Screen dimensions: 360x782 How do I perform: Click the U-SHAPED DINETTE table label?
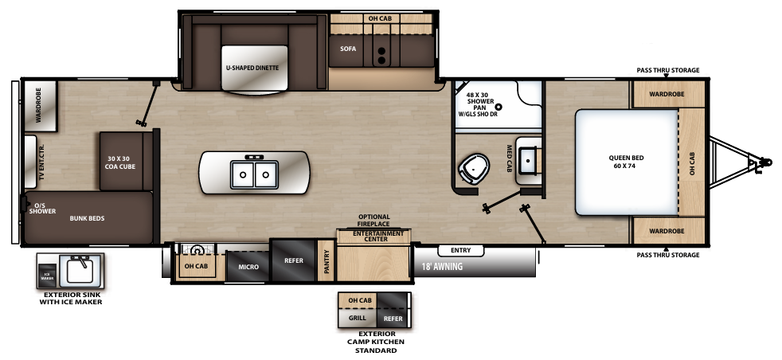click(x=252, y=68)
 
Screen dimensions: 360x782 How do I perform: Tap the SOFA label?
click(x=347, y=49)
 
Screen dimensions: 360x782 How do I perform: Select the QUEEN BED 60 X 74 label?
click(x=626, y=162)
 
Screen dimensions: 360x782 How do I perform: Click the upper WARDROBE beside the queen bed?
click(x=667, y=94)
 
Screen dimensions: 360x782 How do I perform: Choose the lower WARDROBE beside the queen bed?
click(x=667, y=231)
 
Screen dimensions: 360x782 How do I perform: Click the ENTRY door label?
click(x=460, y=250)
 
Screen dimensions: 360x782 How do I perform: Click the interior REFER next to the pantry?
click(x=292, y=260)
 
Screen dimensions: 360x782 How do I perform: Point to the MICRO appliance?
click(x=248, y=267)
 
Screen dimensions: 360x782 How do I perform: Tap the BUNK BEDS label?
click(x=87, y=217)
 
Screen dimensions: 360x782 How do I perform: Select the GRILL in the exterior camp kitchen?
click(x=357, y=317)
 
